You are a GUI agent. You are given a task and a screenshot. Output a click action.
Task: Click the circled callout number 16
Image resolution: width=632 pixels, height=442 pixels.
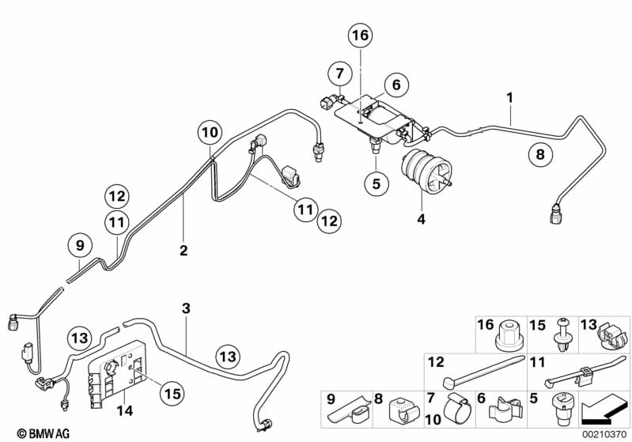point(361,36)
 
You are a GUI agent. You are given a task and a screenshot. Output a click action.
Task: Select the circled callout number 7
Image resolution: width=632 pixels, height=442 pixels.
point(338,74)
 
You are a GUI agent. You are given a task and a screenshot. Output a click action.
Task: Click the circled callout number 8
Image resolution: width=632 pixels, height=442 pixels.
point(540,155)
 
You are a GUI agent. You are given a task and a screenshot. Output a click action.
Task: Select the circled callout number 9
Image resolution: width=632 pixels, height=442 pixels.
point(79,246)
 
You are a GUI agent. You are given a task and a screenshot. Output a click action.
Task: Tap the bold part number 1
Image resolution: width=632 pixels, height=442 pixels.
point(510,97)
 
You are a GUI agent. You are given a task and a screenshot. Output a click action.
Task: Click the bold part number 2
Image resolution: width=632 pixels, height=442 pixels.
point(184,251)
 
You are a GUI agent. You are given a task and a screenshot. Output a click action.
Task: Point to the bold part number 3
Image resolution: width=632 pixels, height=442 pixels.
point(186,308)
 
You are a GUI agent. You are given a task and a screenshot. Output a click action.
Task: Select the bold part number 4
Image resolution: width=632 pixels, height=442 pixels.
point(421,219)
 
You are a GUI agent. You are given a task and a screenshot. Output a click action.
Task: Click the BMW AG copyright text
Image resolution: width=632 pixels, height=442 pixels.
point(29,433)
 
